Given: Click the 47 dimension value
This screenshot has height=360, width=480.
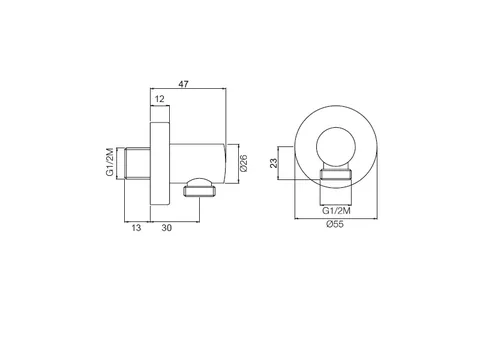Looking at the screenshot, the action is [x=183, y=84].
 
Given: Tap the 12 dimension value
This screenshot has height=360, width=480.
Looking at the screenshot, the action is [x=160, y=99].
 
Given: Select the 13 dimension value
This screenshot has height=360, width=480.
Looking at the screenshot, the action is [x=136, y=228].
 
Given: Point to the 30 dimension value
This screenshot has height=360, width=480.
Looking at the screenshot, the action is [x=167, y=228].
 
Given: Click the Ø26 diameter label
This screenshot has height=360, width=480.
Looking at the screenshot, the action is [x=244, y=163].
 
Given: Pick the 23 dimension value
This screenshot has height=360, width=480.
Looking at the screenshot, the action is [x=273, y=163].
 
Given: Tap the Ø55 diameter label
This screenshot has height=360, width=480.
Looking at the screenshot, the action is [x=335, y=224].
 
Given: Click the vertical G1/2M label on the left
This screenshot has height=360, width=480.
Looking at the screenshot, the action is [x=110, y=162].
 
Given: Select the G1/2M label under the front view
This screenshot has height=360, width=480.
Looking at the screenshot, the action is [x=336, y=211].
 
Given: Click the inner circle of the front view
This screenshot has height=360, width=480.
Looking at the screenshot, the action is [x=336, y=127].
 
